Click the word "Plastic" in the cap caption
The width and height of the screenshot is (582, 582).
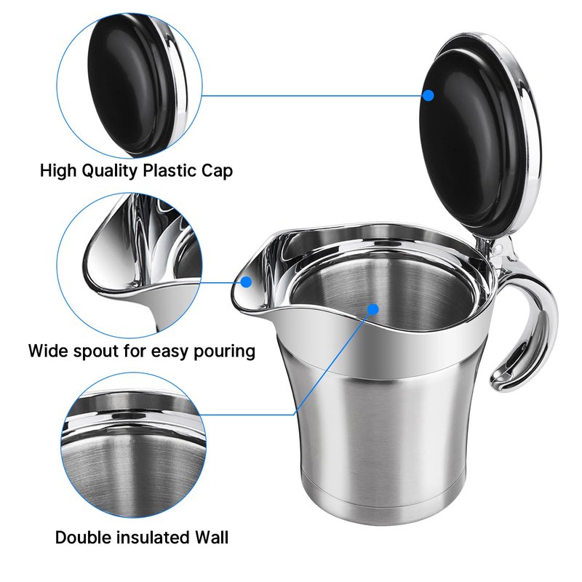pos(170,171)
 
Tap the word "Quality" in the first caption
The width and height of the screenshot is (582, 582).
pos(110,172)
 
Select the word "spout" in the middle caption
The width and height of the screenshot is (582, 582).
pos(96,351)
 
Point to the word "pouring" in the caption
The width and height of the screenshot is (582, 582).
pos(225,351)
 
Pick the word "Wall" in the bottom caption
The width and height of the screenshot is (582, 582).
pos(209,538)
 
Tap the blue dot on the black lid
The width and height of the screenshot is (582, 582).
pos(428,95)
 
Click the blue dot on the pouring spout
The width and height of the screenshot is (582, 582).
pos(246,282)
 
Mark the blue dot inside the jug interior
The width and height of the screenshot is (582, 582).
pos(373,308)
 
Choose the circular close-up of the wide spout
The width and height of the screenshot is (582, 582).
pos(129,266)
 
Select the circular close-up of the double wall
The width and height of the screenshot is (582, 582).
pos(133,446)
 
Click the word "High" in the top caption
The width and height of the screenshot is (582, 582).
pos(57,172)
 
